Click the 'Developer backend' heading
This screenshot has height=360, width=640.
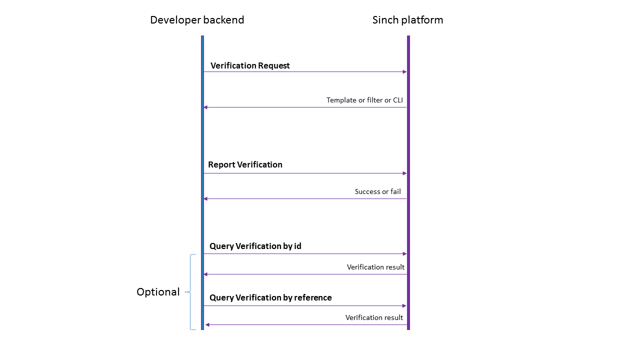(x=197, y=20)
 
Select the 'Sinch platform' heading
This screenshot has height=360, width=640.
(x=407, y=20)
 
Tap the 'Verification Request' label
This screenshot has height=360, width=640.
(x=250, y=65)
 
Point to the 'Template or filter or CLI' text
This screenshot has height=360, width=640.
(x=364, y=100)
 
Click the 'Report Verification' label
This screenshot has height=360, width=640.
(x=245, y=164)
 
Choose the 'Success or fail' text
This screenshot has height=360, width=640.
(x=377, y=191)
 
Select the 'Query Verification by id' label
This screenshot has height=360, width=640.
(x=255, y=246)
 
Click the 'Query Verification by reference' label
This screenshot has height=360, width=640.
(x=270, y=297)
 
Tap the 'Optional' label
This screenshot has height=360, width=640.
(x=158, y=292)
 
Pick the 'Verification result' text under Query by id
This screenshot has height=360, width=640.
(x=375, y=267)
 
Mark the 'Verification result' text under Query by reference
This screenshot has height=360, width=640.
(x=374, y=317)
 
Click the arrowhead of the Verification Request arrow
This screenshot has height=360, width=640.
(x=404, y=72)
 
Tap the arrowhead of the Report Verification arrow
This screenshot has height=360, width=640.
(x=404, y=173)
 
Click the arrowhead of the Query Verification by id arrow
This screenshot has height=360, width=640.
(x=404, y=254)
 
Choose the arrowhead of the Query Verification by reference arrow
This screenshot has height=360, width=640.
(x=404, y=305)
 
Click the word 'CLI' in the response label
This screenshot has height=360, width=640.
(x=397, y=100)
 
